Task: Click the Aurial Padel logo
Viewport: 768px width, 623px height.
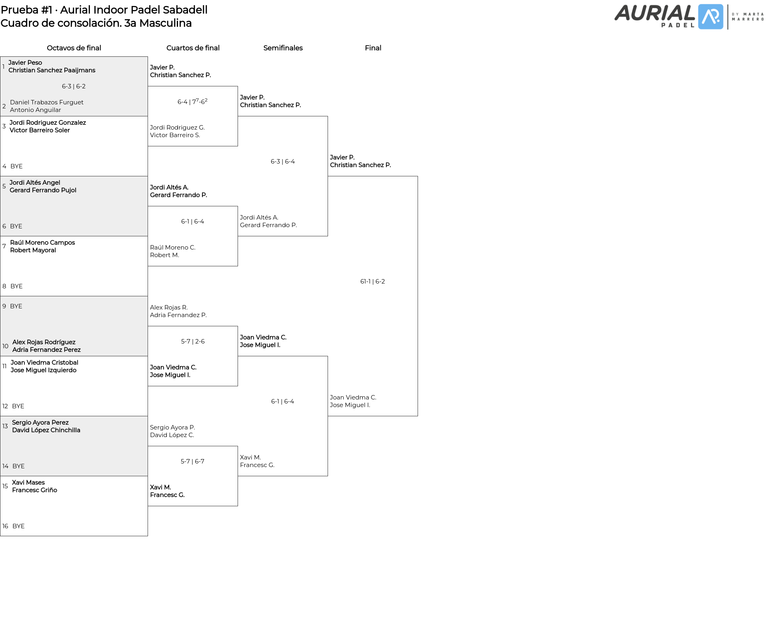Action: pos(689,17)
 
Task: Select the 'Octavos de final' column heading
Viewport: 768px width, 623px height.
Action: pos(74,48)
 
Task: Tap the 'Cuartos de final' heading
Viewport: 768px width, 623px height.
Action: pos(193,48)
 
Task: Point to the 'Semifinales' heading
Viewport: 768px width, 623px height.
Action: pos(283,48)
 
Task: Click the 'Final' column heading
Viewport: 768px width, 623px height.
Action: pos(373,48)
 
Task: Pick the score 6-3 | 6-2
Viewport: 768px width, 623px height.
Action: pos(74,86)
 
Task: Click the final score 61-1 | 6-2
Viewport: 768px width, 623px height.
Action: pos(372,282)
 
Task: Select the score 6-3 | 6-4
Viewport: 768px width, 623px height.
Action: pos(283,162)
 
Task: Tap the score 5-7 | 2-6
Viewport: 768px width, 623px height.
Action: pos(193,341)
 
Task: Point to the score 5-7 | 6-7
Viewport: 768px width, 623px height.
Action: pos(192,461)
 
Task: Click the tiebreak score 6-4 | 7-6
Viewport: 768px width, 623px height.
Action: pos(192,102)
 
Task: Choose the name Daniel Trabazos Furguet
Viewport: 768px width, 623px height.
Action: pos(47,102)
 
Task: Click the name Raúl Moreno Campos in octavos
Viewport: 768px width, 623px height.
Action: pos(42,243)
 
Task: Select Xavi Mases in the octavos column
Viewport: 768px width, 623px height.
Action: pos(28,483)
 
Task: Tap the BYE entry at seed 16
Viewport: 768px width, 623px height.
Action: pos(18,526)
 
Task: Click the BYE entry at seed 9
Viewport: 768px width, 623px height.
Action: pos(16,306)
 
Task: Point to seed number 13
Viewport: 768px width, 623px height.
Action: pos(5,426)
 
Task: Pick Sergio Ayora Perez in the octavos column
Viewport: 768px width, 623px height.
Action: pos(40,423)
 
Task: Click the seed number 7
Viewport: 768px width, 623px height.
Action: pos(4,246)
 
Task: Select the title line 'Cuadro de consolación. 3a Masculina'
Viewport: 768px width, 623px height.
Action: pos(96,23)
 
